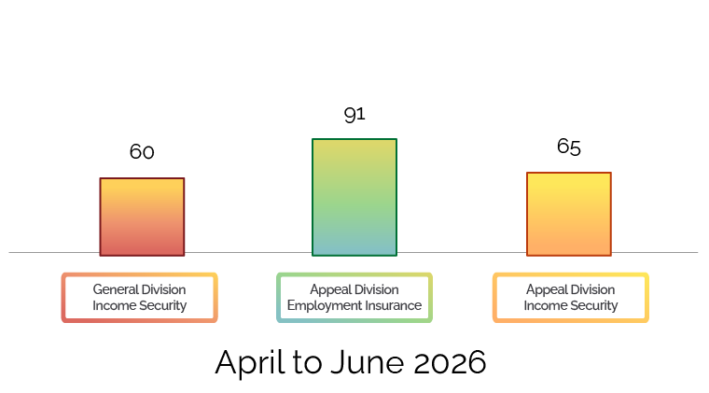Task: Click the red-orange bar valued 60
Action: [142, 218]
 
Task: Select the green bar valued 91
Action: [354, 197]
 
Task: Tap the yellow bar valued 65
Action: [569, 214]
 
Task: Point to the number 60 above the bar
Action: [142, 151]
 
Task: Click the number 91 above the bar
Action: [354, 115]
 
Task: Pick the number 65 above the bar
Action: [569, 147]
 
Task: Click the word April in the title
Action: [250, 363]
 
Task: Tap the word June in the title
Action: [368, 362]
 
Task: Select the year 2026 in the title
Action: [450, 362]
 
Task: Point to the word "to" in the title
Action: [308, 362]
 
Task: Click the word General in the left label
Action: [115, 289]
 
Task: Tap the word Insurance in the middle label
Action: [394, 305]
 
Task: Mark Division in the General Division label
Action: [163, 289]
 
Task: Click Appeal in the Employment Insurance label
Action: [329, 290]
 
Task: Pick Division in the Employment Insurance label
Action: [376, 289]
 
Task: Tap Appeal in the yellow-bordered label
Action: [546, 290]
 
